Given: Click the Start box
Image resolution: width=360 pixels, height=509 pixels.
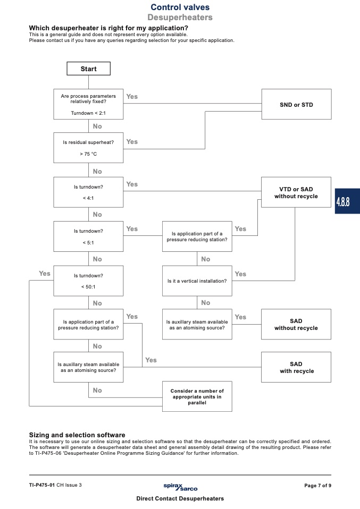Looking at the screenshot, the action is pyautogui.click(x=88, y=69).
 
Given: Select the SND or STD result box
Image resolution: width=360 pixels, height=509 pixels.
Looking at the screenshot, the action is pyautogui.click(x=296, y=104).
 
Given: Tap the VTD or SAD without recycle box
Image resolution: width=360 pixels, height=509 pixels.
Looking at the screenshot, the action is pyautogui.click(x=296, y=192).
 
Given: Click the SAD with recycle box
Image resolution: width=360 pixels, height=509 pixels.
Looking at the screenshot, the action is pyautogui.click(x=296, y=367).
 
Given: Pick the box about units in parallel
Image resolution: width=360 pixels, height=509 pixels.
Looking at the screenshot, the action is pyautogui.click(x=197, y=396).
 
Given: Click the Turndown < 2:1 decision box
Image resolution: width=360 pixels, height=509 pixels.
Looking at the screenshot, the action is pyautogui.click(x=88, y=104).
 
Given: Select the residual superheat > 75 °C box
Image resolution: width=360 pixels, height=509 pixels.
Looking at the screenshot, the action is pyautogui.click(x=88, y=148).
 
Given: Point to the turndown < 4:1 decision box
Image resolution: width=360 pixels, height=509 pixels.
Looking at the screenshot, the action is pyautogui.click(x=88, y=192).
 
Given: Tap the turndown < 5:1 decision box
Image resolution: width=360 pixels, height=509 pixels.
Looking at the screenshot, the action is pyautogui.click(x=88, y=236).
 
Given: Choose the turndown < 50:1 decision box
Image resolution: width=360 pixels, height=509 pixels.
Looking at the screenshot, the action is pyautogui.click(x=88, y=281).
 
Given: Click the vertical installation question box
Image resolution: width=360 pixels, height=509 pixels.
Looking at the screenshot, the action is pyautogui.click(x=197, y=281).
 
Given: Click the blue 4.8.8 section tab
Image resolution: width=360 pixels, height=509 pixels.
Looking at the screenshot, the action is pyautogui.click(x=347, y=201).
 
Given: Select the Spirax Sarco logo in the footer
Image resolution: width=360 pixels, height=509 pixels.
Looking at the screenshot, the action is pyautogui.click(x=180, y=487).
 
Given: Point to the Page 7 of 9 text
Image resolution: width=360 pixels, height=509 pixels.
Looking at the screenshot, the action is pyautogui.click(x=318, y=486).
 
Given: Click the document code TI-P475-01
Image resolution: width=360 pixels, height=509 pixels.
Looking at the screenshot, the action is pyautogui.click(x=42, y=485).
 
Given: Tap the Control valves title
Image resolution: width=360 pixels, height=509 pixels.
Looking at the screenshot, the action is pyautogui.click(x=180, y=7).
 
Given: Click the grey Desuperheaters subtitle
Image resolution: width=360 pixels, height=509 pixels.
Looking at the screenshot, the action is pyautogui.click(x=180, y=17).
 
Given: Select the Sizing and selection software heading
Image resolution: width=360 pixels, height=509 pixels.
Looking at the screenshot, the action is pyautogui.click(x=77, y=435).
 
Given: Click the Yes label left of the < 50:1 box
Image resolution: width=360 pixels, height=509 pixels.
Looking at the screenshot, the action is pyautogui.click(x=45, y=273).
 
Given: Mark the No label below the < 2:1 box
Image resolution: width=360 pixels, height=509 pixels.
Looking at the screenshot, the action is pyautogui.click(x=97, y=126).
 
